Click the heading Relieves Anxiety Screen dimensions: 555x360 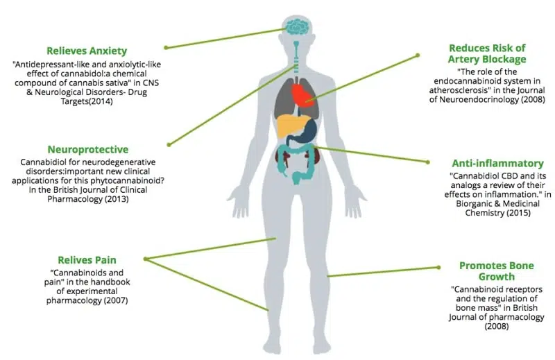(x=87, y=51)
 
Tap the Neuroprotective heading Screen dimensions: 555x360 (x=88, y=149)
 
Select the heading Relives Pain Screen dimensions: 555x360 (x=87, y=260)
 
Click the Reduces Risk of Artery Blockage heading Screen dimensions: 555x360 (x=487, y=53)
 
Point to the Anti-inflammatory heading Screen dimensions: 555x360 (x=497, y=163)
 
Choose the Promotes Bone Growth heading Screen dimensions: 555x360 (x=496, y=271)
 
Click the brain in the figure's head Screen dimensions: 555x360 (x=298, y=26)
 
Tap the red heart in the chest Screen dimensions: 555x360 (x=303, y=94)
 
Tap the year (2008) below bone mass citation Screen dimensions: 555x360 (x=497, y=326)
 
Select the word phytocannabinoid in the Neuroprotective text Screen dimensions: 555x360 (x=125, y=180)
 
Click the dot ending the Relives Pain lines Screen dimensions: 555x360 (x=146, y=259)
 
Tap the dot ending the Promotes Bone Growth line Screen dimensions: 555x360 (x=439, y=267)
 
